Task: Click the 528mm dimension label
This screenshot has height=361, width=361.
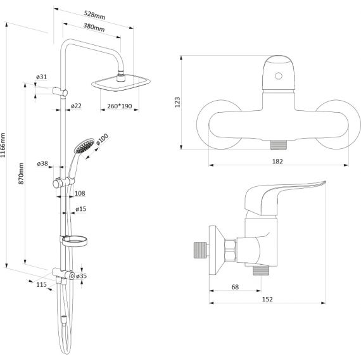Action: [94, 15]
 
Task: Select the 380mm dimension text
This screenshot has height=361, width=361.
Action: [94, 27]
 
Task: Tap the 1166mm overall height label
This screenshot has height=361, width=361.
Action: [3, 145]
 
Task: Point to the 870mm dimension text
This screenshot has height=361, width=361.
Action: [21, 174]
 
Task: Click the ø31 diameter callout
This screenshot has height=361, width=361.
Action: [41, 77]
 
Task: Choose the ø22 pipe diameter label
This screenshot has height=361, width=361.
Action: [76, 106]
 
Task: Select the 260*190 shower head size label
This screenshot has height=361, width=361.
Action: [120, 106]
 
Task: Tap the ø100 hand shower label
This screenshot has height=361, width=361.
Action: [102, 139]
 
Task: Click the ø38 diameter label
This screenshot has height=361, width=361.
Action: [42, 163]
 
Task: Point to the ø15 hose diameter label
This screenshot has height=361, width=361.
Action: [81, 209]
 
